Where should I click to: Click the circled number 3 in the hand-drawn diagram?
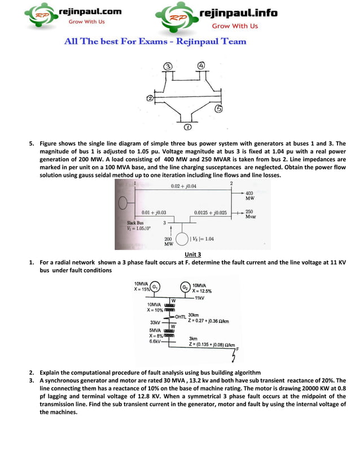(x=168, y=67)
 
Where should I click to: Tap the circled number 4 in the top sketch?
(x=201, y=65)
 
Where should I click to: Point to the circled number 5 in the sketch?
(x=218, y=109)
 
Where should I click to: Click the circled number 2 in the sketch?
(x=150, y=99)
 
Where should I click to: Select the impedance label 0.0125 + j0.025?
(x=210, y=213)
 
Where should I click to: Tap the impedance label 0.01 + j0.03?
(x=153, y=213)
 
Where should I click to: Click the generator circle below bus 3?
(x=182, y=239)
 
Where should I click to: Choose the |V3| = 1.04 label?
(x=202, y=239)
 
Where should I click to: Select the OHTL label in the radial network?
(x=181, y=316)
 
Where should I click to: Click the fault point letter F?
(x=238, y=349)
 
